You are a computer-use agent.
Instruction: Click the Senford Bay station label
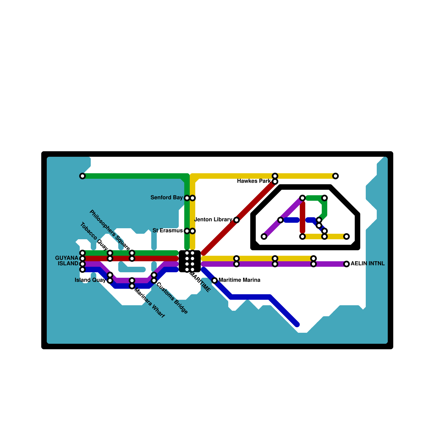point(166,198)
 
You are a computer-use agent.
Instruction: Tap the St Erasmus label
point(167,231)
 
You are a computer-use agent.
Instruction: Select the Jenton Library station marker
point(237,220)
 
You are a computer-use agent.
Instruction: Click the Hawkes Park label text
point(254,181)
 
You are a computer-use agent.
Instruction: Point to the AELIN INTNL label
point(367,264)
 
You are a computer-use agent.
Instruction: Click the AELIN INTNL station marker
point(346,264)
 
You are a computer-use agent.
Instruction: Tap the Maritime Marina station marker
point(215,280)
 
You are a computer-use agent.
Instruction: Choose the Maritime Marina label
point(239,280)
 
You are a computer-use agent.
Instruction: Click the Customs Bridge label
point(172,298)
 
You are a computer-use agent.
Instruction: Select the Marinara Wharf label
point(149,303)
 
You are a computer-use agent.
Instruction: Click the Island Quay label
point(90,280)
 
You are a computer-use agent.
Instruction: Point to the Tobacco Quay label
point(94,236)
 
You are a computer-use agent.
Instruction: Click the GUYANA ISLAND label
point(67,261)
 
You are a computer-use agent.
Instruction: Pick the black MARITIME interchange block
point(190,261)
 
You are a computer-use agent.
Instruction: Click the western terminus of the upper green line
point(82,176)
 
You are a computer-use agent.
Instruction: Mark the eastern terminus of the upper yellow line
point(335,176)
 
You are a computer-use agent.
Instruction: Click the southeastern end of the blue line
point(297,325)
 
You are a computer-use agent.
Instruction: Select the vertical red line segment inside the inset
point(302,217)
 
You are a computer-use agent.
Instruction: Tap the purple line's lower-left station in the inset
point(264,237)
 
